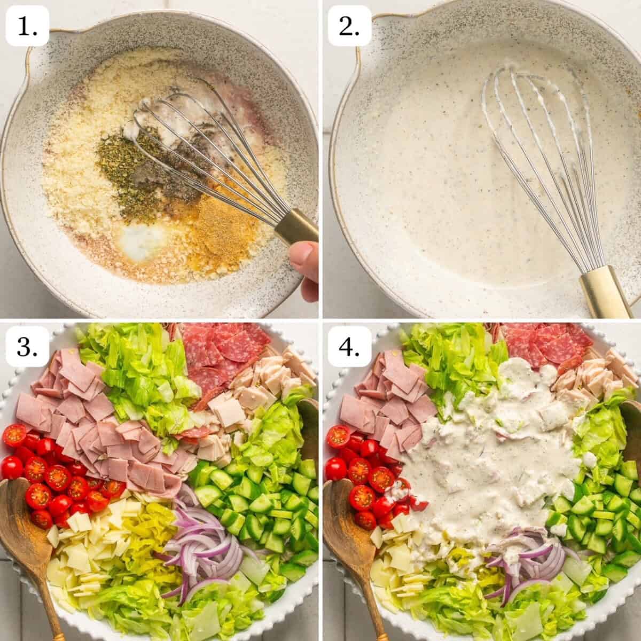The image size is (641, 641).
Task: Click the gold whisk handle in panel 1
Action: pyautogui.click(x=294, y=226)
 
